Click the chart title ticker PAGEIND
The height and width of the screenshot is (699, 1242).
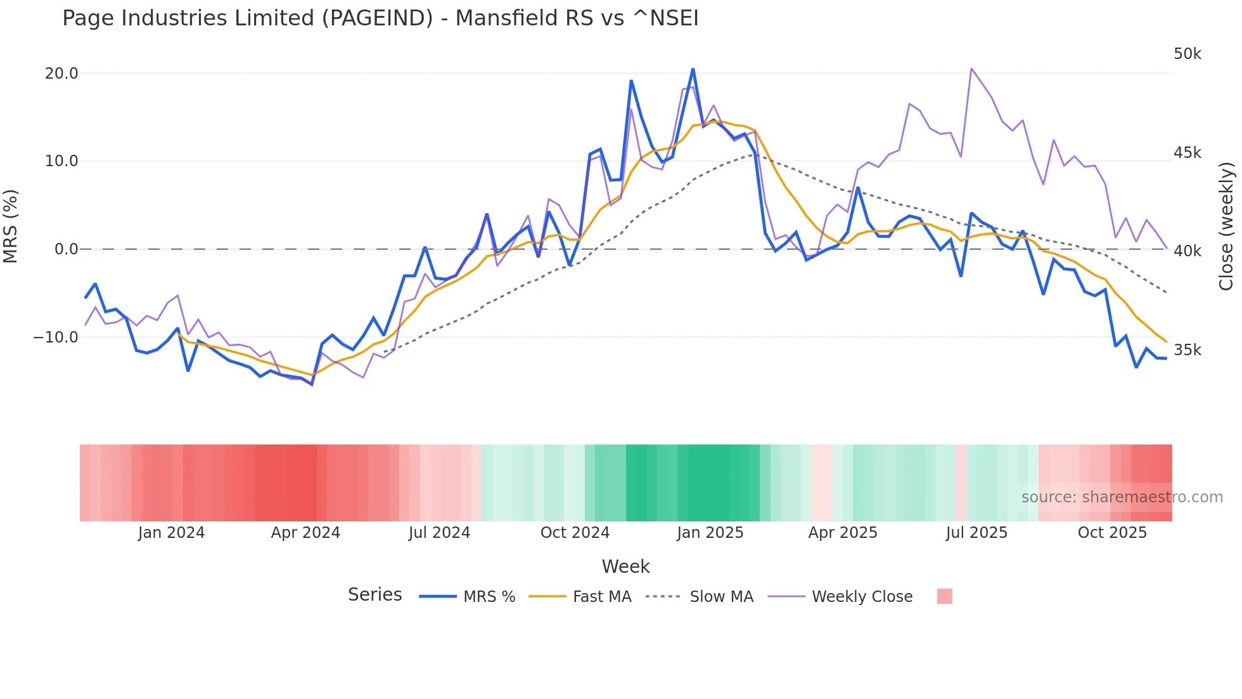click(x=377, y=18)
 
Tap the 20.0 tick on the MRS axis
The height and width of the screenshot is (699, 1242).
click(x=61, y=74)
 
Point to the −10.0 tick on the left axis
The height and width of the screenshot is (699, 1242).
click(x=56, y=337)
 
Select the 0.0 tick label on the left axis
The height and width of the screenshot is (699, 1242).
click(x=66, y=249)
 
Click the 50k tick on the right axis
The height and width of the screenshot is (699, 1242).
click(x=1187, y=54)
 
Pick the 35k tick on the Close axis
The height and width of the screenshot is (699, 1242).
click(x=1187, y=350)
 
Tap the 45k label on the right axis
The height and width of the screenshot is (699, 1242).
click(x=1187, y=153)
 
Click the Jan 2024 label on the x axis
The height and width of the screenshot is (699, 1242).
click(x=171, y=533)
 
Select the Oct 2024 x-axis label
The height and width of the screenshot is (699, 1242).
click(x=575, y=533)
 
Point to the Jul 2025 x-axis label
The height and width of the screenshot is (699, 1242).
click(x=976, y=533)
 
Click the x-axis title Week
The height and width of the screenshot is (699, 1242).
click(x=625, y=566)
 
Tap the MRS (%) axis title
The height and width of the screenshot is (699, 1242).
click(x=11, y=226)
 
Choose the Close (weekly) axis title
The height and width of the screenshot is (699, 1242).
click(x=1226, y=226)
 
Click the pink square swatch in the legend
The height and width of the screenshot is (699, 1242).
click(x=944, y=596)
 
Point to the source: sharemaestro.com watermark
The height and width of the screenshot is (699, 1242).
click(x=1122, y=497)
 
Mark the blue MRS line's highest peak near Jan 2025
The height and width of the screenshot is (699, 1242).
click(x=693, y=69)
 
